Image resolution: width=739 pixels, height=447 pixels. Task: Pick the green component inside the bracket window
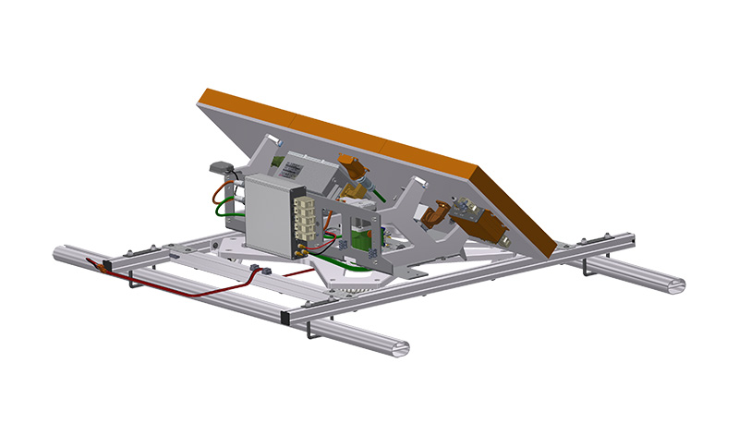coord(361,242)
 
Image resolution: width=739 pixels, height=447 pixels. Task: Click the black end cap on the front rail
coord(288,316)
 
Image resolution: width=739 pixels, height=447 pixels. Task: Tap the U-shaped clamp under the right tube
coord(588,271)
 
